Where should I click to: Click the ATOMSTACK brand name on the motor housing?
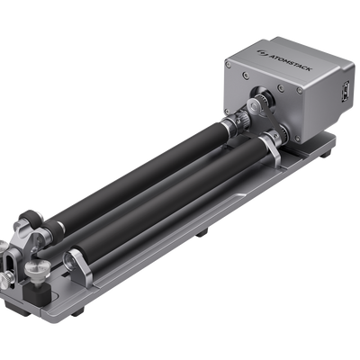(291, 62)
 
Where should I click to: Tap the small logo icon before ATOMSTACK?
(262, 52)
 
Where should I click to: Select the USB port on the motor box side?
(347, 91)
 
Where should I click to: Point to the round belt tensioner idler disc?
(254, 106)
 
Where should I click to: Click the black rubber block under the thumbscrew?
(37, 292)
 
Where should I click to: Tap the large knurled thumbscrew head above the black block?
(38, 268)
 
